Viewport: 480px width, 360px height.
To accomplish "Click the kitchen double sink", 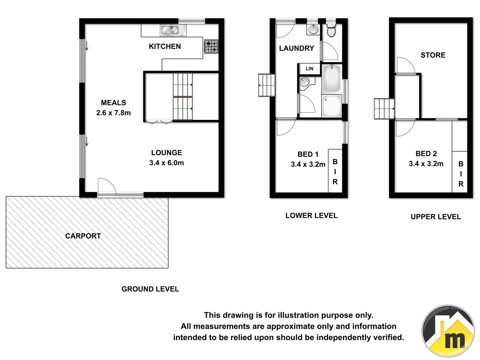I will (x=173, y=30).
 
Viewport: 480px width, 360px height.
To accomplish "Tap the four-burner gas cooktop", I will (x=211, y=47).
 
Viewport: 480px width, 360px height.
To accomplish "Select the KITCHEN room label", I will (x=165, y=47).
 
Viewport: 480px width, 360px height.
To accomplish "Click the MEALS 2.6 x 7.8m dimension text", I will (x=113, y=113).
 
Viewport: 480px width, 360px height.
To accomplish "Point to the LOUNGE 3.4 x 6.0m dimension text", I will (x=166, y=163).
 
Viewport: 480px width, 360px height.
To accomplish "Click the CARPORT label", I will (x=83, y=236).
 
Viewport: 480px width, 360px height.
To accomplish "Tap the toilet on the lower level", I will (x=331, y=31).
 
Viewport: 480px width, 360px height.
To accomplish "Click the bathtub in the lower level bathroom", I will (x=332, y=79).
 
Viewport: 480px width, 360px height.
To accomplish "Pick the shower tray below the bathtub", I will (x=332, y=106).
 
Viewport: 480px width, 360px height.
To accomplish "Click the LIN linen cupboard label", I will (x=309, y=69).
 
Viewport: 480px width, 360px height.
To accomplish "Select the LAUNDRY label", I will (x=296, y=48).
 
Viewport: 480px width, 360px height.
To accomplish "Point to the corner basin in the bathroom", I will (x=305, y=82).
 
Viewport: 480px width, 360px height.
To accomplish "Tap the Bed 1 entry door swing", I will (x=285, y=127).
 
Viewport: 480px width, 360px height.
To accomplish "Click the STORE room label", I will (x=433, y=55).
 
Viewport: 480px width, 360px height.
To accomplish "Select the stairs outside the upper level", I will (x=384, y=109).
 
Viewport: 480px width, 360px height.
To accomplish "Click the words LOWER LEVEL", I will (x=311, y=216).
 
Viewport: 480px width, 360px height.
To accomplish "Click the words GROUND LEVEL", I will (x=150, y=289).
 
